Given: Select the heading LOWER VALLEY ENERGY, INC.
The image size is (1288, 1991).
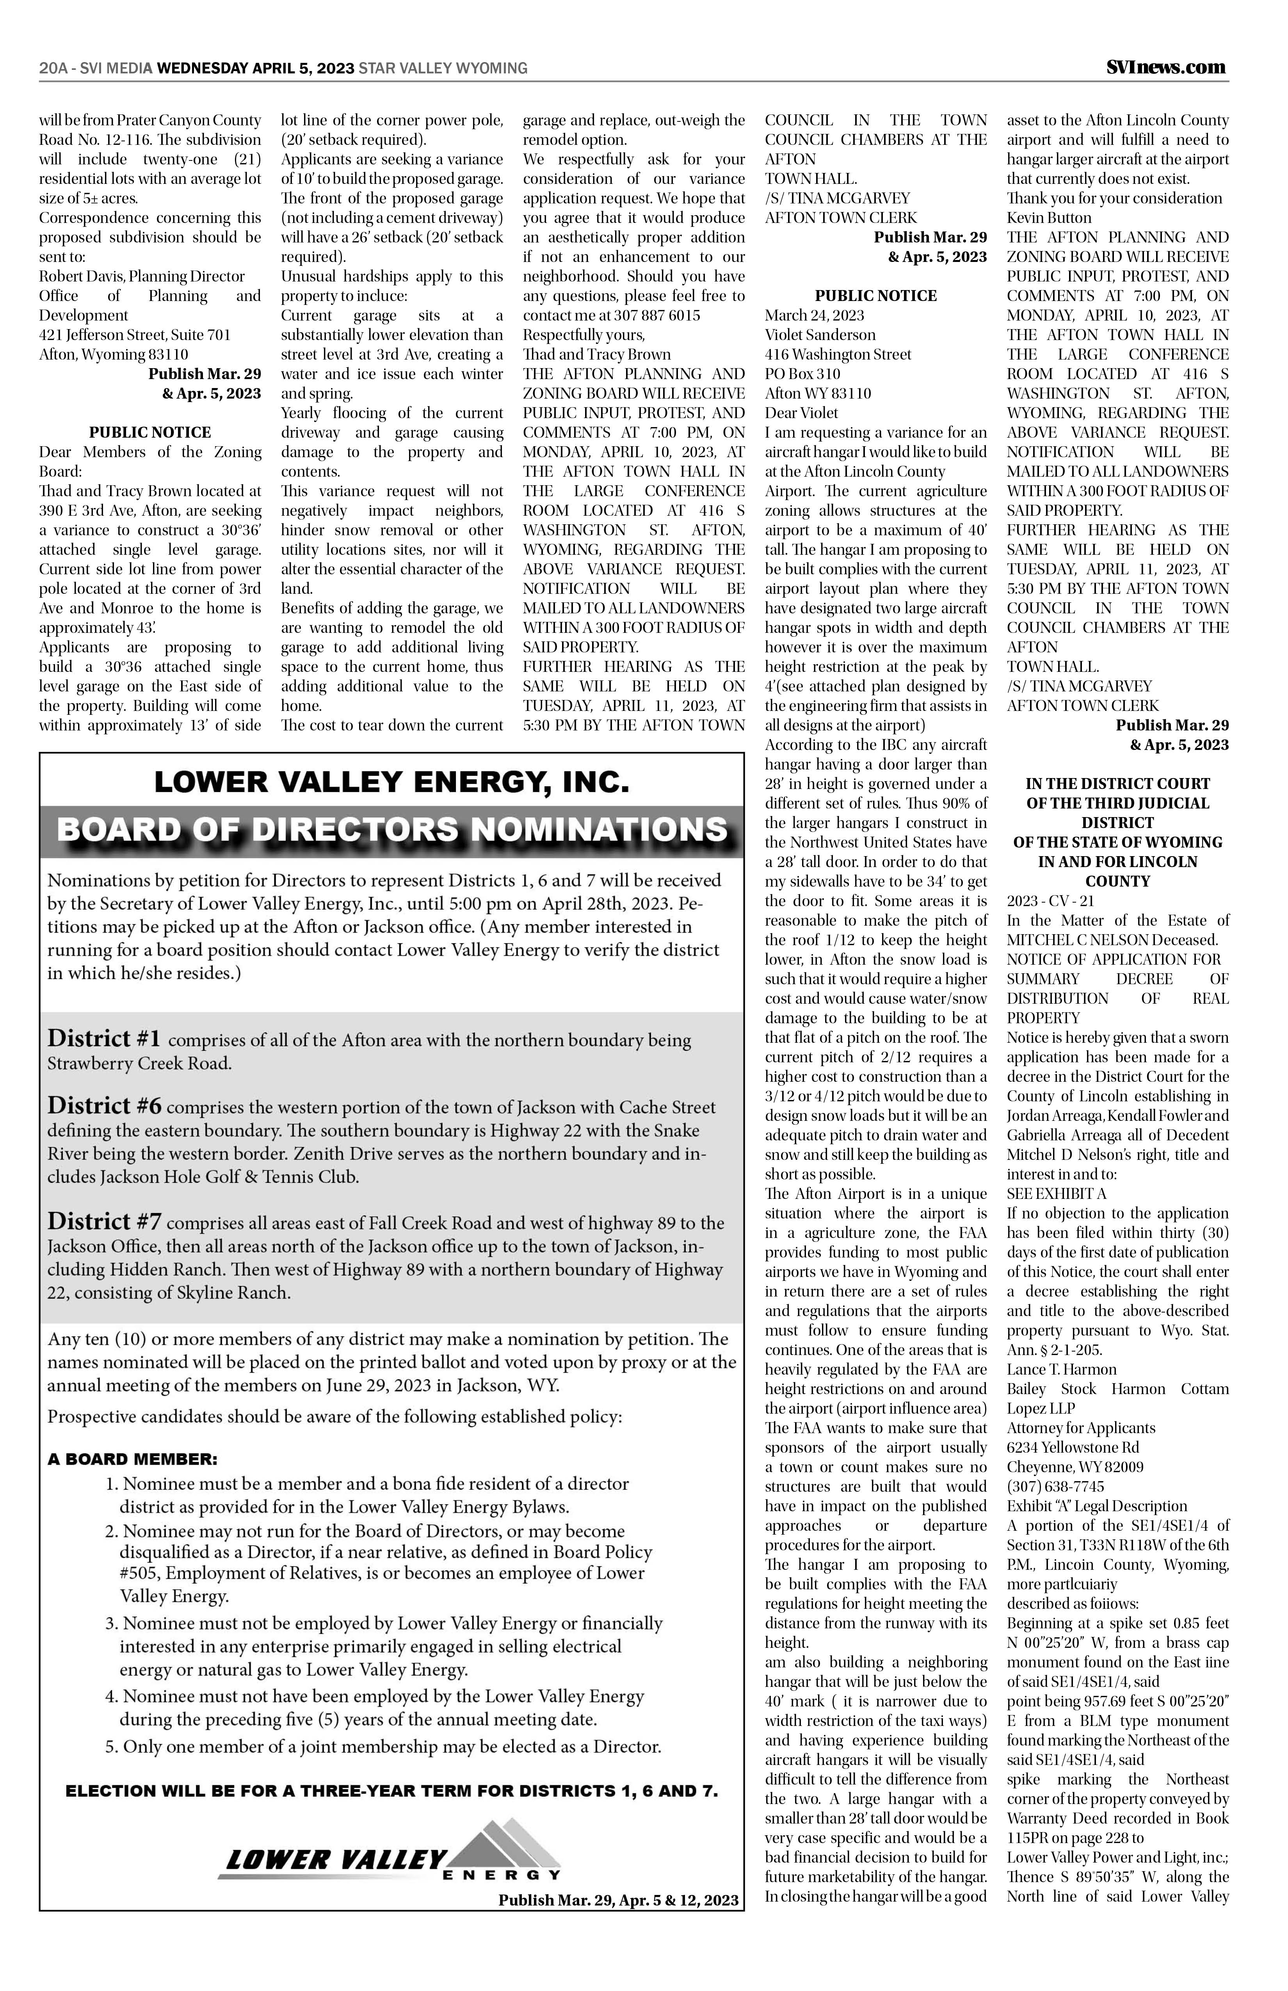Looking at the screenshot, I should (x=391, y=782).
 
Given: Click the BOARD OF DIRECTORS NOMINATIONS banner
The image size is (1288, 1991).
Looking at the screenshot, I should (x=391, y=830).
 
